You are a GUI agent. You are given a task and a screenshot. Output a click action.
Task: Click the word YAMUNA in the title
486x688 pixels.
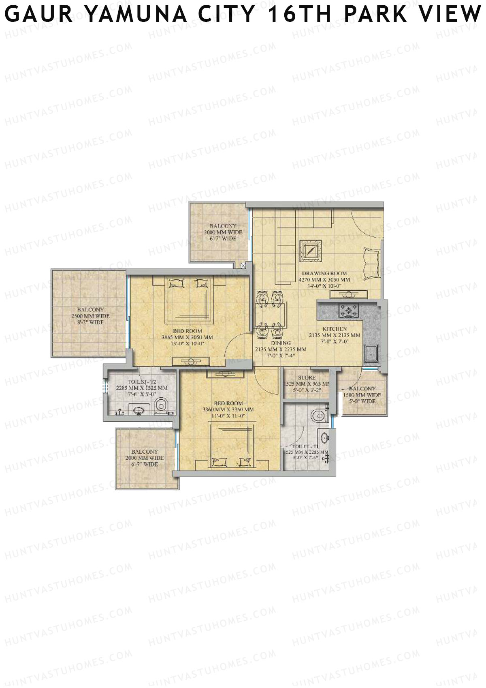(136, 15)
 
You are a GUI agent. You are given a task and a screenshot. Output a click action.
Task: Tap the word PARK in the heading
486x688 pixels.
(374, 15)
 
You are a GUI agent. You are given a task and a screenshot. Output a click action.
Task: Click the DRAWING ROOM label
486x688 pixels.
(324, 274)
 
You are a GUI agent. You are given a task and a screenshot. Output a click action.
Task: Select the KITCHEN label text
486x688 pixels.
(335, 329)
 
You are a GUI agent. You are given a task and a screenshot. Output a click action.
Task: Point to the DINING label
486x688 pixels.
(281, 343)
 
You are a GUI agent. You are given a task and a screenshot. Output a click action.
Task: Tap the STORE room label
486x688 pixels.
(307, 377)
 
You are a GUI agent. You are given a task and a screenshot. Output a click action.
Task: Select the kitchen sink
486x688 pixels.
(371, 354)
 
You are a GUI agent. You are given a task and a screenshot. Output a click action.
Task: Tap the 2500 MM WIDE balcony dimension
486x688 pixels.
(90, 316)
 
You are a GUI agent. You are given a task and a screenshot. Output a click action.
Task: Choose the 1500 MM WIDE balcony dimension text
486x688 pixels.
(362, 395)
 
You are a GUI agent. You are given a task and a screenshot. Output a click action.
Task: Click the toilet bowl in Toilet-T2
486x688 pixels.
(162, 405)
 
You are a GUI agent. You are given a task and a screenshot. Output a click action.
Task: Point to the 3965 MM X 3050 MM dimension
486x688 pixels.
(187, 337)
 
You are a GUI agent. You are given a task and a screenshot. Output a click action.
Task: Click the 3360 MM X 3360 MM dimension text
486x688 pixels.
(228, 409)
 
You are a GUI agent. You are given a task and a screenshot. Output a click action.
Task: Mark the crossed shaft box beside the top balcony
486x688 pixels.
(243, 266)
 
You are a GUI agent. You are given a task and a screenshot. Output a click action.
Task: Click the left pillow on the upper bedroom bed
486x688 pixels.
(177, 283)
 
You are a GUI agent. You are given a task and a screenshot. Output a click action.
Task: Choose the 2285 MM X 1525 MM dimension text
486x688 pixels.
(142, 388)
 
